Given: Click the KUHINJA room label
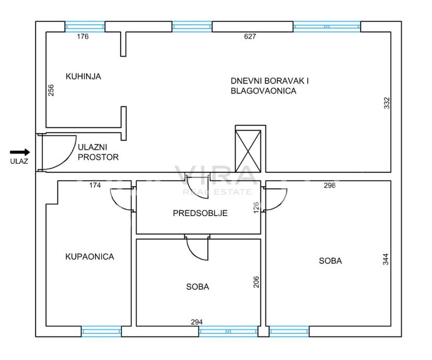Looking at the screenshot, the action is pyautogui.click(x=83, y=76).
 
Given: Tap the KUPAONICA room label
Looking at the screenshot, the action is pyautogui.click(x=90, y=257).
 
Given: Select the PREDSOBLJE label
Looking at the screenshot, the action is pyautogui.click(x=200, y=213).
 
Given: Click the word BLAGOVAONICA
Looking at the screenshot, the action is pyautogui.click(x=263, y=91).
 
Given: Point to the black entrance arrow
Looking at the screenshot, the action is pyautogui.click(x=20, y=152).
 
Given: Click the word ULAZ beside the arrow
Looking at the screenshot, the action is pyautogui.click(x=19, y=161).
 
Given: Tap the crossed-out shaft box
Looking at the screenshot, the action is pyautogui.click(x=248, y=151).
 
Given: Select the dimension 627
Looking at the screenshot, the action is pyautogui.click(x=250, y=37).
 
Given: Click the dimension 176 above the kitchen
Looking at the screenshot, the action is pyautogui.click(x=82, y=37).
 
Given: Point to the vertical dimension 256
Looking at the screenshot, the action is pyautogui.click(x=51, y=90).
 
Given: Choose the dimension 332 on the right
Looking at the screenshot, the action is pyautogui.click(x=387, y=103).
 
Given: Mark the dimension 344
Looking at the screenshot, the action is pyautogui.click(x=386, y=259).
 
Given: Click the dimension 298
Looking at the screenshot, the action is pyautogui.click(x=330, y=185).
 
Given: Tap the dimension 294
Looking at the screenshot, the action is pyautogui.click(x=197, y=322).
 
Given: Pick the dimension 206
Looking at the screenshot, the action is pyautogui.click(x=256, y=282).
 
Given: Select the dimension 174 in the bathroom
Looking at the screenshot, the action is pyautogui.click(x=95, y=185).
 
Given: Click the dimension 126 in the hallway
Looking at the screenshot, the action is pyautogui.click(x=256, y=208).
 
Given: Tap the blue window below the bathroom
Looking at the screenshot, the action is pyautogui.click(x=101, y=331).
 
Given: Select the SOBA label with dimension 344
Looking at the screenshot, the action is pyautogui.click(x=330, y=261).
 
